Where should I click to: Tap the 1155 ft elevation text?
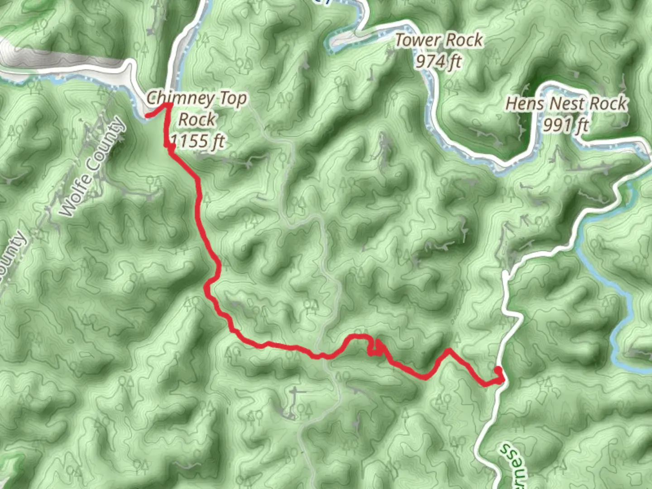(x=197, y=141)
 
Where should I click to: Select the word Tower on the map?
(x=415, y=40)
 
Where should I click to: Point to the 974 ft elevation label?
(x=438, y=61)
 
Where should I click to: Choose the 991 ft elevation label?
(x=566, y=125)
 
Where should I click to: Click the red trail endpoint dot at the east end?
(x=498, y=371)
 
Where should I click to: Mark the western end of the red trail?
(x=148, y=116)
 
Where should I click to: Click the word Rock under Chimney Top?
(x=197, y=120)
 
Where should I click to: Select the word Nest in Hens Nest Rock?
(x=566, y=104)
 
